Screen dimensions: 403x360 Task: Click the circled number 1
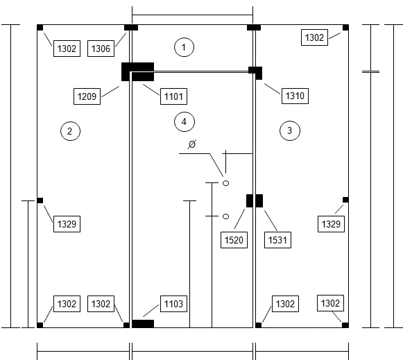[184, 47]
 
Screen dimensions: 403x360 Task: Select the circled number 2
[70, 131]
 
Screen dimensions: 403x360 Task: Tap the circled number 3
[290, 130]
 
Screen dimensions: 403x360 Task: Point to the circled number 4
[185, 121]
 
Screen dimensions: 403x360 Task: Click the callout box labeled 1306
[101, 49]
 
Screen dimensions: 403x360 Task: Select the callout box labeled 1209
[87, 96]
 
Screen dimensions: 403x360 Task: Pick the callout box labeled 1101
[173, 96]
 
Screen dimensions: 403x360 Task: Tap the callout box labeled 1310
[295, 96]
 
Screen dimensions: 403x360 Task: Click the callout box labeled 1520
[234, 240]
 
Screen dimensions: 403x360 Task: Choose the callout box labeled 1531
[277, 240]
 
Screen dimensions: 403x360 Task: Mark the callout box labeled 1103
[173, 304]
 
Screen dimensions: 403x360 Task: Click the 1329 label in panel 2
[67, 224]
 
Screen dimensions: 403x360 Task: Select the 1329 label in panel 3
[331, 224]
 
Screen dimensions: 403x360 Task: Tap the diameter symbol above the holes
[192, 144]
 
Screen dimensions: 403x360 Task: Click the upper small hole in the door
[225, 183]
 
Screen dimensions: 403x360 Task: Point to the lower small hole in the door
[225, 216]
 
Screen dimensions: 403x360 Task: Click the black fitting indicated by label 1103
[143, 324]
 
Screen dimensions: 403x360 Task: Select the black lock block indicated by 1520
[249, 200]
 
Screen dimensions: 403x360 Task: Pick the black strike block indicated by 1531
[259, 200]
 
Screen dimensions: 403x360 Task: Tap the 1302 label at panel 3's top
[314, 37]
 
